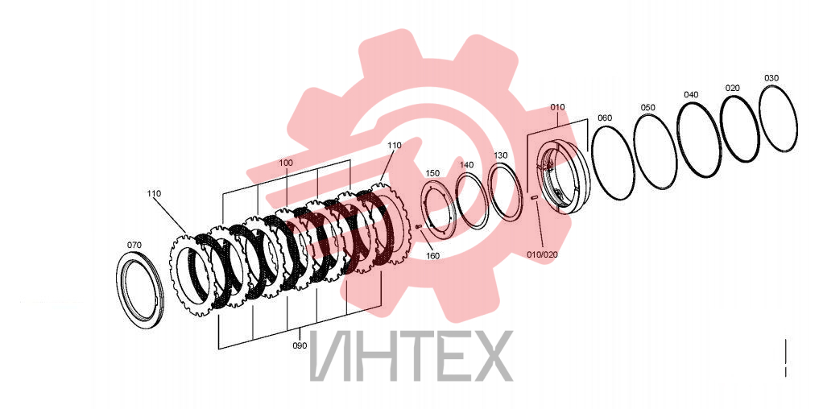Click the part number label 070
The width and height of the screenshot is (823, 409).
point(134,245)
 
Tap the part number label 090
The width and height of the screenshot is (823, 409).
point(300,345)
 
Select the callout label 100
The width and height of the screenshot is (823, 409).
point(286,163)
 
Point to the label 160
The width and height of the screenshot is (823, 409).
point(433,256)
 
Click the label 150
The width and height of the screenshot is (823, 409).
point(432,173)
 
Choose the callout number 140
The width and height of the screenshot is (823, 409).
point(467,164)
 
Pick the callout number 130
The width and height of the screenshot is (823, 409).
point(501,155)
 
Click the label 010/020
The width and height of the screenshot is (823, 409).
point(543,254)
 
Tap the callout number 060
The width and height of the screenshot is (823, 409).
point(605,118)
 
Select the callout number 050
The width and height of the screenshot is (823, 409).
point(647,108)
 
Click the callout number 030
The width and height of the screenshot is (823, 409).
point(771,78)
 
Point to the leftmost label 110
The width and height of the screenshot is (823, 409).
point(154,194)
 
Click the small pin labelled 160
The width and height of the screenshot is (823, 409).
point(419,227)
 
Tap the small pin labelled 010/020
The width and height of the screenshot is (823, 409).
point(534,197)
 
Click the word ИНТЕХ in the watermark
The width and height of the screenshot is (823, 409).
point(411,356)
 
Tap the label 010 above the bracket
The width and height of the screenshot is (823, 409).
point(557,107)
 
